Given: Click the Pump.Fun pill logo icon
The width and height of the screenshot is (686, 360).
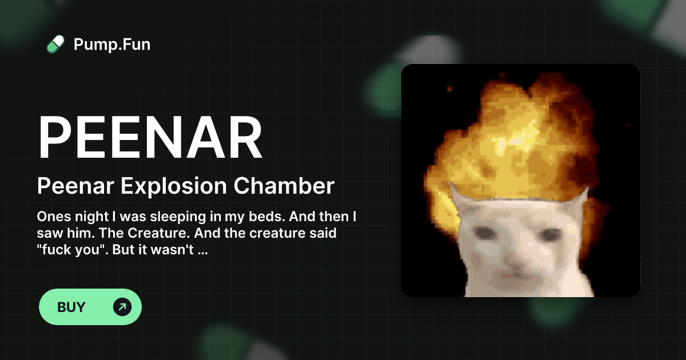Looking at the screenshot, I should click(x=55, y=44).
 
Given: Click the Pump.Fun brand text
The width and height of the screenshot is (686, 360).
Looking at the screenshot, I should click(x=112, y=44).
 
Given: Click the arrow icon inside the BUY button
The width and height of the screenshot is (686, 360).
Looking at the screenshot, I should click(x=122, y=307).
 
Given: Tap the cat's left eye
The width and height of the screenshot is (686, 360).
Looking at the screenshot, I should click(x=486, y=233).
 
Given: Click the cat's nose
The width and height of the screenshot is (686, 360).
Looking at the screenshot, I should click(x=517, y=266).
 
